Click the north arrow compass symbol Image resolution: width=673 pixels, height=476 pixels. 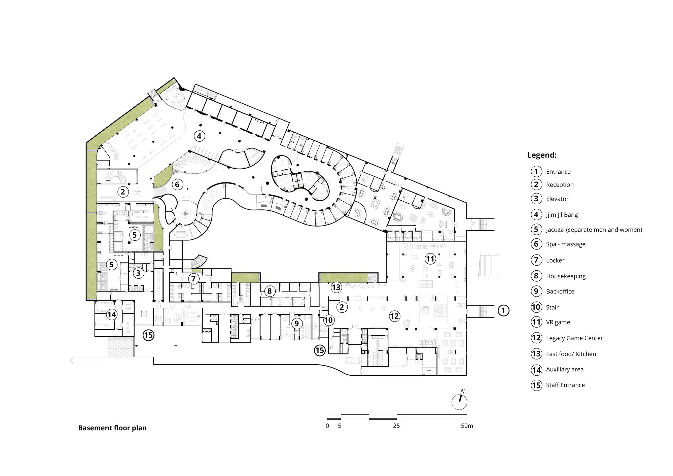[459, 401]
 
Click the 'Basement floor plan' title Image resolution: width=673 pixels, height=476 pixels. [112, 428]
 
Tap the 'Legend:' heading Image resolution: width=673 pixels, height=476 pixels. [542, 155]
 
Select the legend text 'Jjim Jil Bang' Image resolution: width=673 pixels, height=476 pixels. [562, 215]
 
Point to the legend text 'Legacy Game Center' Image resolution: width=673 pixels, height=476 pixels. [574, 338]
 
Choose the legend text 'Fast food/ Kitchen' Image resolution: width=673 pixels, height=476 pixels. [571, 354]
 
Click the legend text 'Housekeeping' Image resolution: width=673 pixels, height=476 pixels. [566, 276]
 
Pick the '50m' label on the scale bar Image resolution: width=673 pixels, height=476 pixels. [467, 426]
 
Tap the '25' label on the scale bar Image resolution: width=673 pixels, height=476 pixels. [396, 426]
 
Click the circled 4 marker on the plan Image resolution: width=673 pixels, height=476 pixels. [199, 136]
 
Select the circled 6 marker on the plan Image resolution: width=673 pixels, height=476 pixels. [177, 184]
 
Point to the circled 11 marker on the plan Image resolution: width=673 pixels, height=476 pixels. [430, 259]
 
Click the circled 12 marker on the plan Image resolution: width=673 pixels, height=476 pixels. [394, 316]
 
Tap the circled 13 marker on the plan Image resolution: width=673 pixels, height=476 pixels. [336, 287]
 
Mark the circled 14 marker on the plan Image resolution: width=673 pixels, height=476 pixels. [111, 315]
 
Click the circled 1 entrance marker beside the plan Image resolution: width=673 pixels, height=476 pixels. [503, 310]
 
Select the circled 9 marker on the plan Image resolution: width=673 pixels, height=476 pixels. [296, 324]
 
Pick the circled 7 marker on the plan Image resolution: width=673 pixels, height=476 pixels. [193, 279]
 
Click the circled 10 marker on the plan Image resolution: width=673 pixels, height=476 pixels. [328, 320]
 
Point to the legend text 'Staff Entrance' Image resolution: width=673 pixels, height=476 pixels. [565, 385]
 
